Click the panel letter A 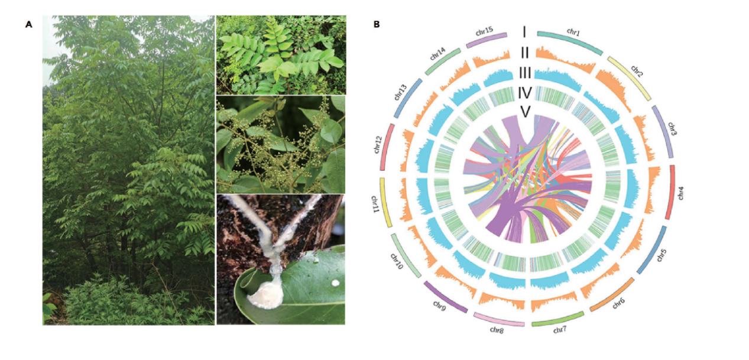[x=28, y=25]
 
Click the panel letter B [x=377, y=25]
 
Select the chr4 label [x=681, y=193]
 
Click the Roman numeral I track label [x=524, y=32]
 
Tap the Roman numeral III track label [x=524, y=73]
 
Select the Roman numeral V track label [x=524, y=111]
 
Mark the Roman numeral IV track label [x=524, y=93]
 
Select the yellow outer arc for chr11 [x=387, y=201]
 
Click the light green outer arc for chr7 [x=557, y=319]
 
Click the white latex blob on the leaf [x=264, y=294]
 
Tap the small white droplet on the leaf [x=336, y=283]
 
